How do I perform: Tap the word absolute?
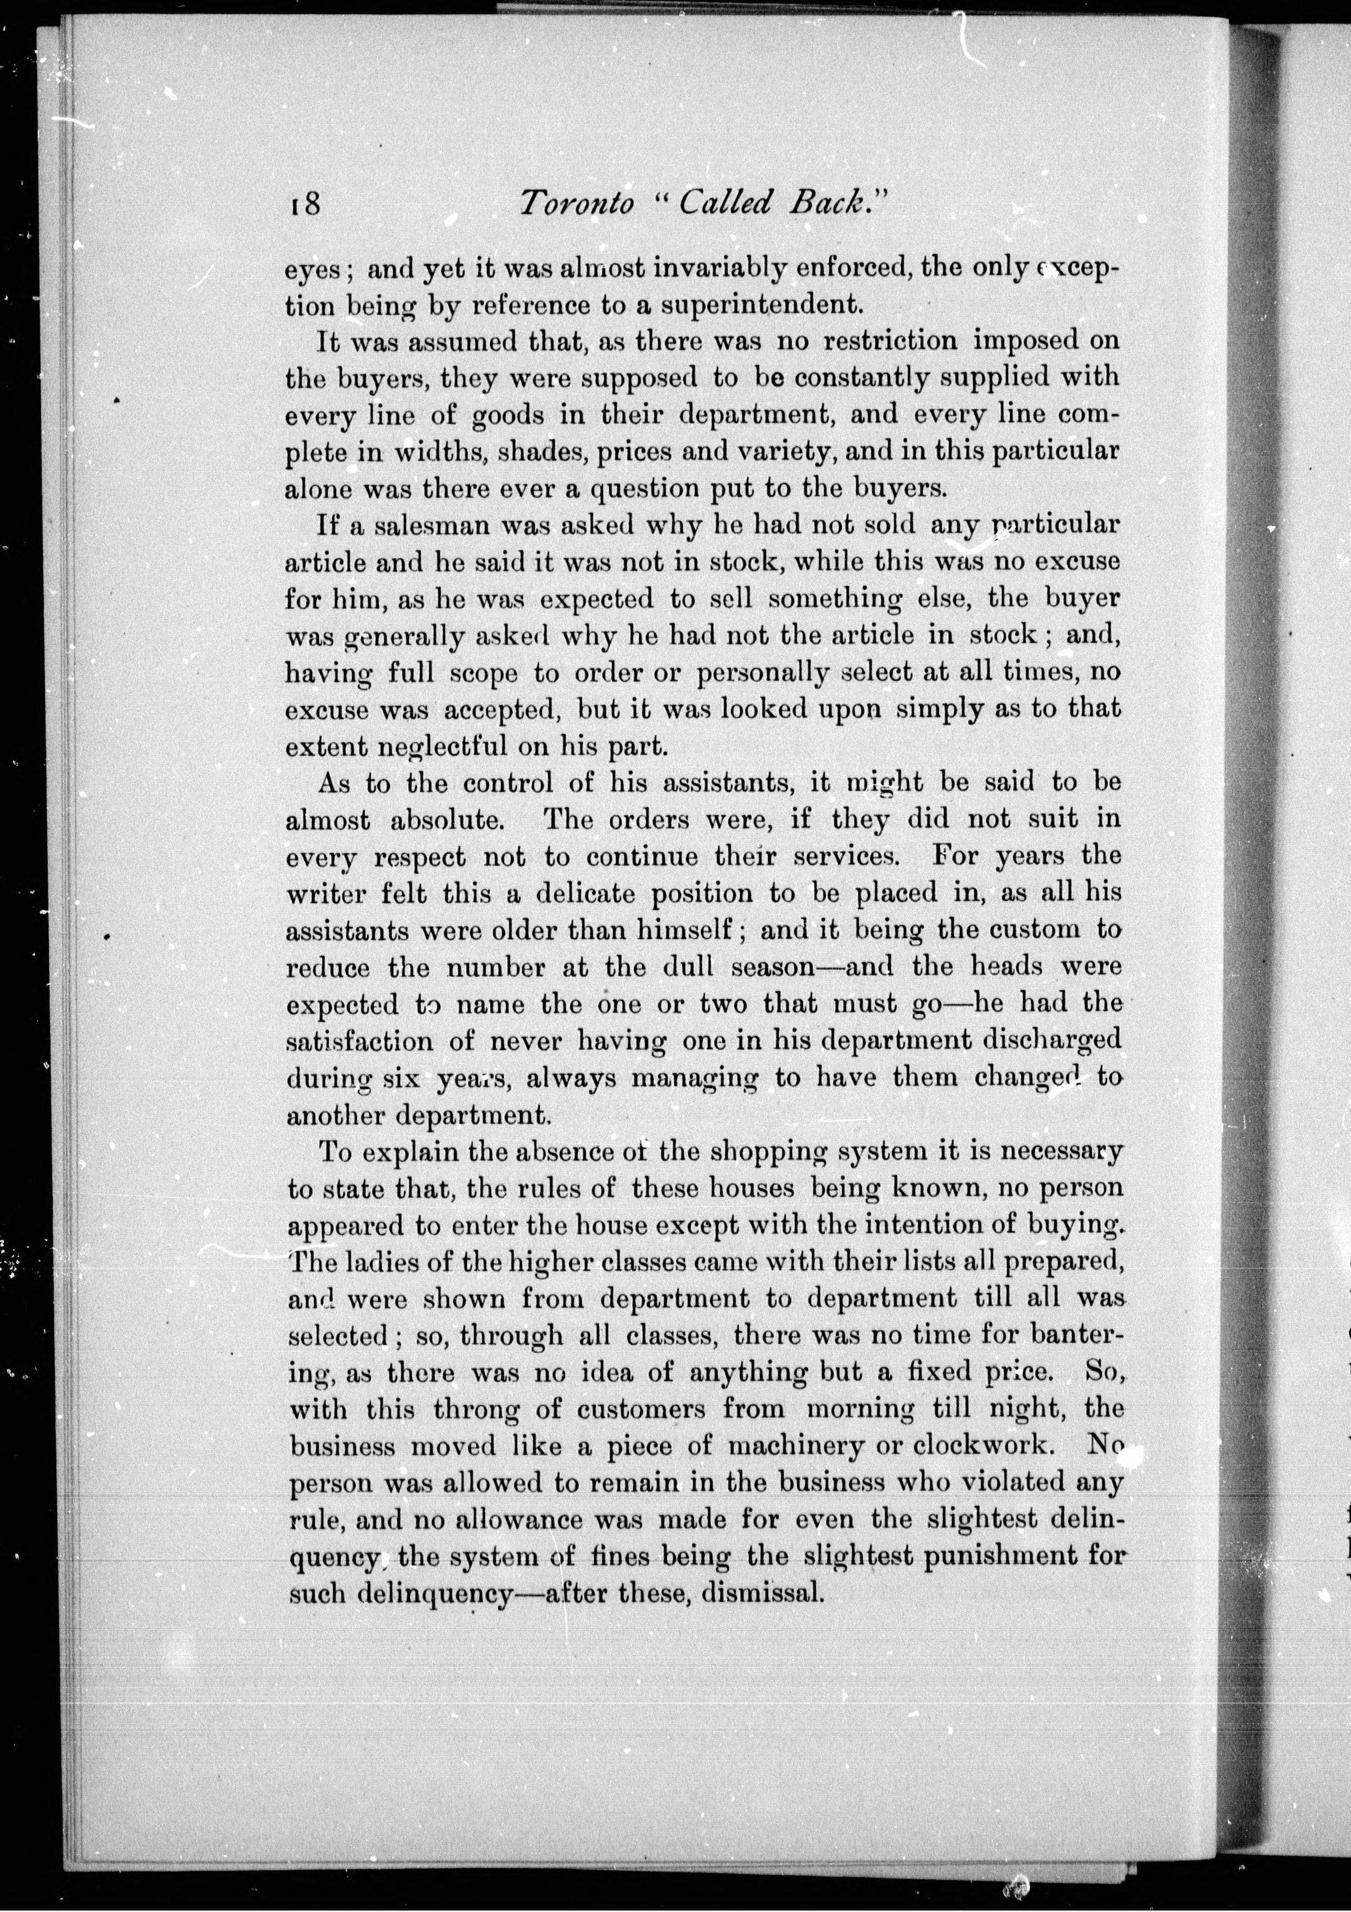coord(447,820)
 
